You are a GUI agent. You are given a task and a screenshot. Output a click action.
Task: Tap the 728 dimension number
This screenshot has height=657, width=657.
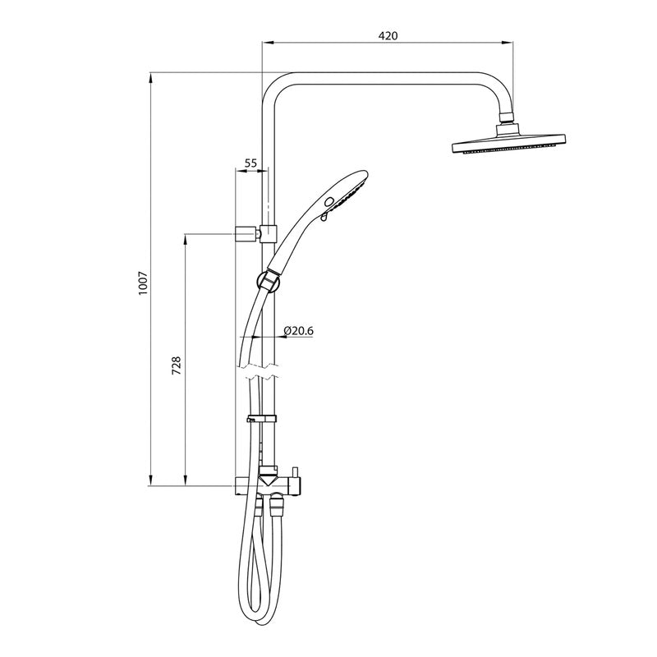(x=176, y=365)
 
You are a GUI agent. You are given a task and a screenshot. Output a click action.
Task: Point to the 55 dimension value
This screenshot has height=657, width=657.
(x=251, y=163)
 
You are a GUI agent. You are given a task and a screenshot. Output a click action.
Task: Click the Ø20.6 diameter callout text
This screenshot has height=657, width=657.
(x=299, y=330)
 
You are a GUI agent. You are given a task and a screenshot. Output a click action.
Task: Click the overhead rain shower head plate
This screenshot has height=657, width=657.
(x=509, y=147)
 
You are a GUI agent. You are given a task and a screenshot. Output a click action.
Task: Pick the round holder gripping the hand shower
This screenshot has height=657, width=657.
(x=268, y=279)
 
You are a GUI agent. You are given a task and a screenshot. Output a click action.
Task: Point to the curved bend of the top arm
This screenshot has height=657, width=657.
(x=275, y=87)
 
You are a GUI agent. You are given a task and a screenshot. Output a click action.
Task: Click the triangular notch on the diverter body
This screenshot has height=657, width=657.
(x=268, y=476)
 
